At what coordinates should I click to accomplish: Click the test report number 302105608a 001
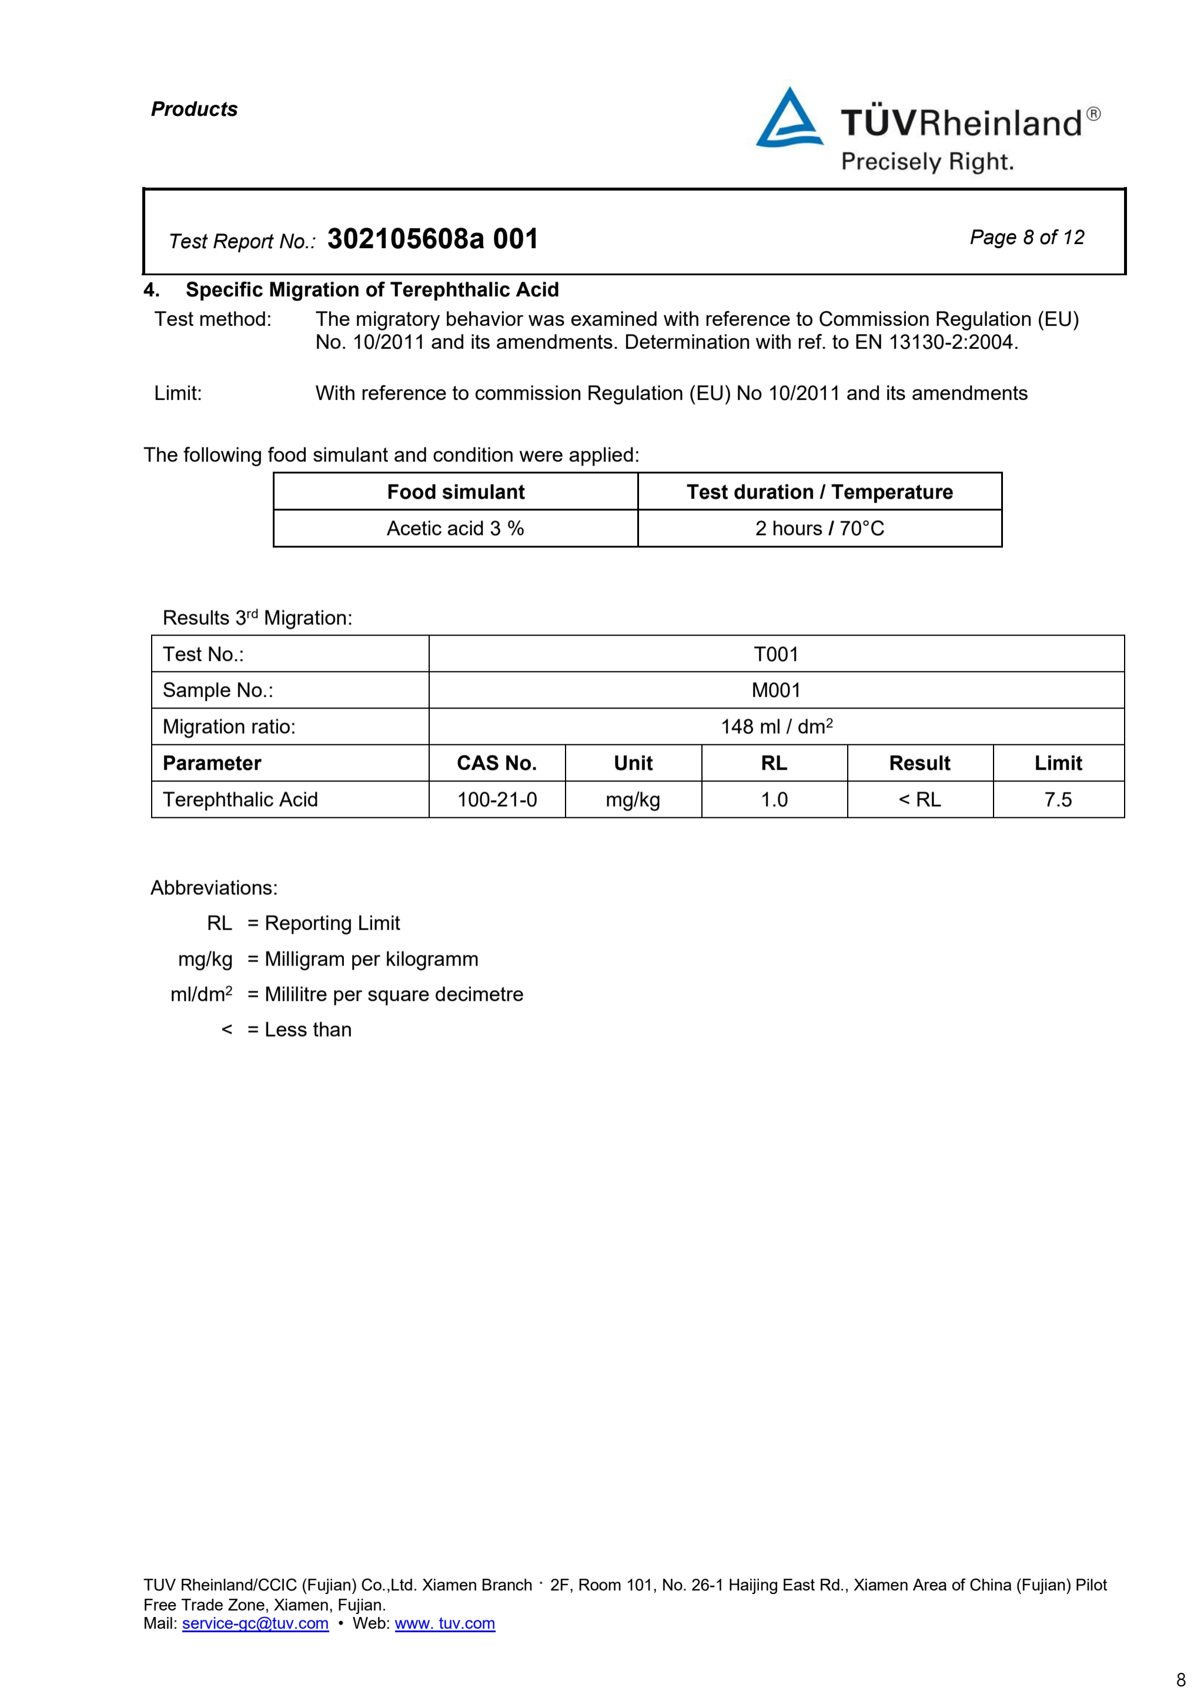coord(433,239)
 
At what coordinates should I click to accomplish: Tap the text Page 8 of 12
coord(1026,238)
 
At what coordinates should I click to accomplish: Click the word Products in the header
coord(195,109)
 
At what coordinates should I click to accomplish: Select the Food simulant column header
coord(456,492)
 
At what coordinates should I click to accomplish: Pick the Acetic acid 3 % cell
coord(456,529)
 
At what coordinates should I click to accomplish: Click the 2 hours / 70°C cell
coord(820,529)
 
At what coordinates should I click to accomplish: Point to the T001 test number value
coord(776,654)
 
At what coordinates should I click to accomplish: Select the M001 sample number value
coord(776,690)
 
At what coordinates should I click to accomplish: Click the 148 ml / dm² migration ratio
coord(776,727)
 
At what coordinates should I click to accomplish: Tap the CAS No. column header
coord(496,763)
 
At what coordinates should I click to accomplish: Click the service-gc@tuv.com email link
coord(255,1623)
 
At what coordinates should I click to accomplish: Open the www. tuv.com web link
coord(444,1623)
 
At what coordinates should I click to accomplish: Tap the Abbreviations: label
coord(213,888)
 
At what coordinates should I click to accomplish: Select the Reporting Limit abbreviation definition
coord(332,923)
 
